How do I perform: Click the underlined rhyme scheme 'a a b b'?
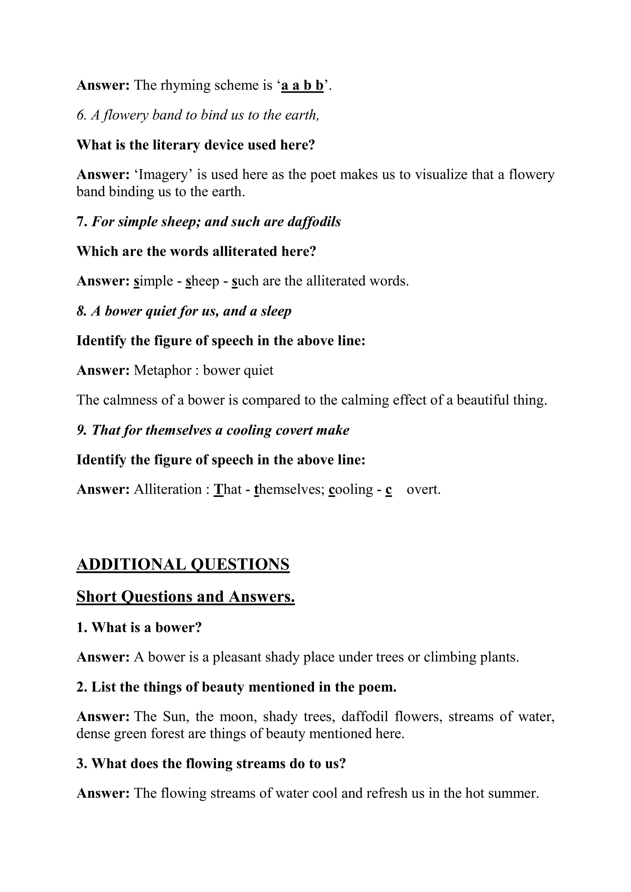(302, 85)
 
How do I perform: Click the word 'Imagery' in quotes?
(163, 175)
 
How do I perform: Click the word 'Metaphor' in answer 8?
(163, 371)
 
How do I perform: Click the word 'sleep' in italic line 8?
(276, 311)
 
